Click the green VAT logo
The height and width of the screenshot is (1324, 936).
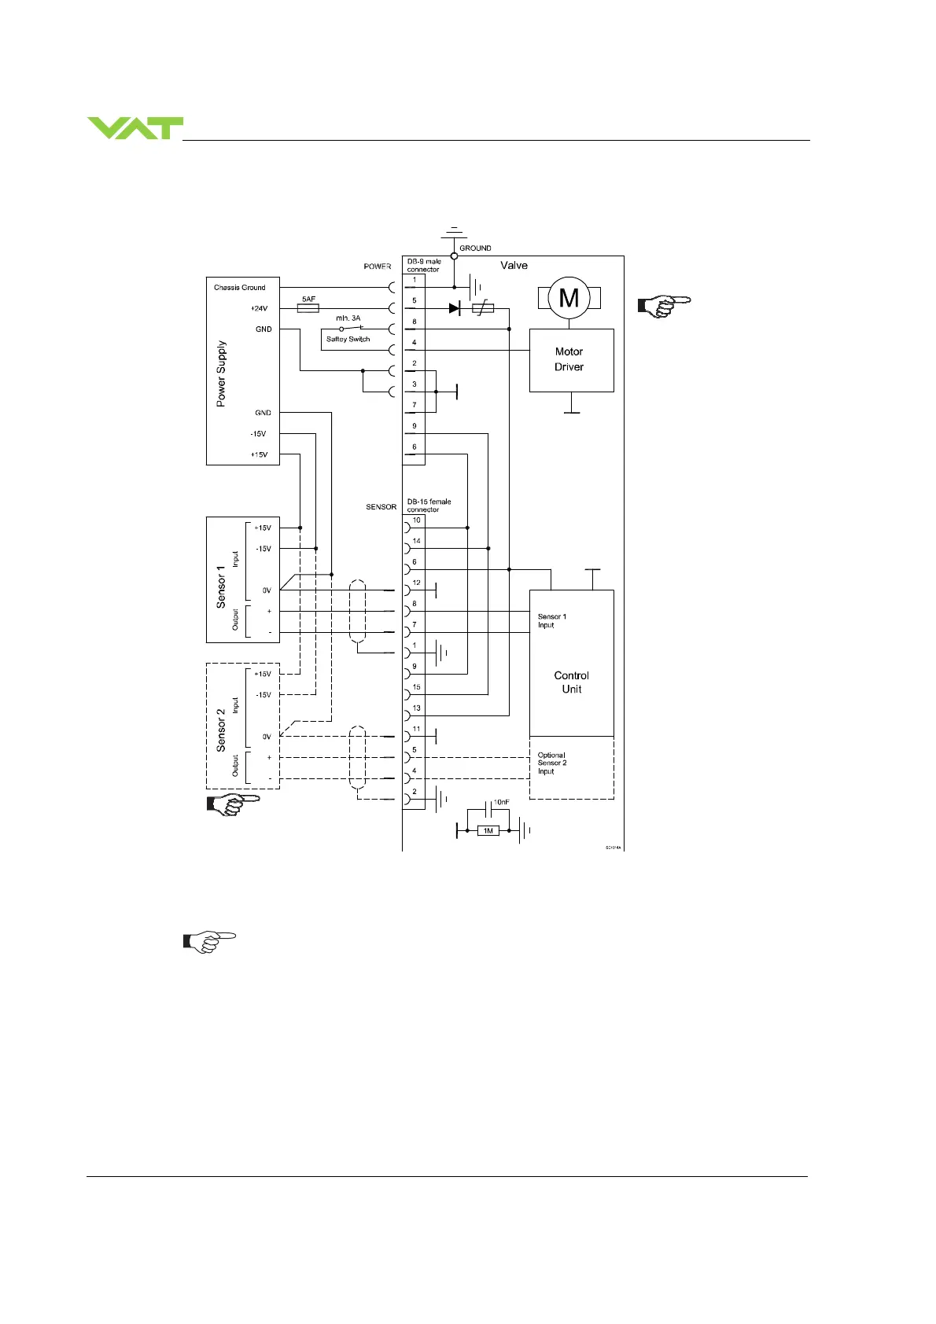135,128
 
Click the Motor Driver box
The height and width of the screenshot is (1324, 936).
571,360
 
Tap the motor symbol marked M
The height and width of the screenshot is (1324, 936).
569,298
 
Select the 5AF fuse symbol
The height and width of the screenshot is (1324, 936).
308,308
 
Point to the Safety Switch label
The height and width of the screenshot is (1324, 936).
348,340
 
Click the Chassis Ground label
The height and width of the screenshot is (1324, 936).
240,288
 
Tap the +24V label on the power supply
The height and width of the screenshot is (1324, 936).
260,309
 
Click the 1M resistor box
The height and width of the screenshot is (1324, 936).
488,830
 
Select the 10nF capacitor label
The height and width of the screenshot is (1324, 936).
501,803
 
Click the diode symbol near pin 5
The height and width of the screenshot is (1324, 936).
454,309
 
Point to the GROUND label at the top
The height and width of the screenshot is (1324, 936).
475,248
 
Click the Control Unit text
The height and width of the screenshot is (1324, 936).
572,682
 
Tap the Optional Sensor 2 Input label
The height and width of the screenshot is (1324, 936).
552,763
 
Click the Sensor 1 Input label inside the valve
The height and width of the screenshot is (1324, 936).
552,621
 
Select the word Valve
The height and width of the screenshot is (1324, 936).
514,266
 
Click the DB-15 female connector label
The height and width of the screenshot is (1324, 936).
429,506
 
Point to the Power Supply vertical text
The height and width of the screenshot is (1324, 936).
221,373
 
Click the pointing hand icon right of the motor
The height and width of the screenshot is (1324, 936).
664,305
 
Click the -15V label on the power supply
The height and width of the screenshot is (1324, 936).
258,434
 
